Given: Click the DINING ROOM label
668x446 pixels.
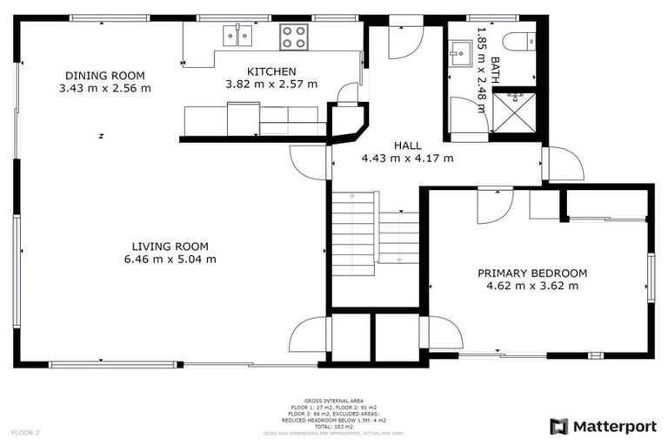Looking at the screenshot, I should click(x=104, y=76).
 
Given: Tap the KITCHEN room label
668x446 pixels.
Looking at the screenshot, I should click(x=271, y=71).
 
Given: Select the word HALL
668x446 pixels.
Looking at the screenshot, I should click(x=407, y=145).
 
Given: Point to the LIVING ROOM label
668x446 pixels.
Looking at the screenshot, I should click(x=170, y=247).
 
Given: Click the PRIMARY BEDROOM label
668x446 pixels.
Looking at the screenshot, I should click(x=531, y=273).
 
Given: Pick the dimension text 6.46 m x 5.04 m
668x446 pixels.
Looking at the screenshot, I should click(x=170, y=260).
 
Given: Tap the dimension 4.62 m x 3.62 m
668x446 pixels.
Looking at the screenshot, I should click(x=531, y=286).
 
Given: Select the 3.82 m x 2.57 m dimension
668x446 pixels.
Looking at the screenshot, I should click(x=271, y=84).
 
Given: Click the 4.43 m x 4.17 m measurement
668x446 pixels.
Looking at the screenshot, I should click(x=407, y=159).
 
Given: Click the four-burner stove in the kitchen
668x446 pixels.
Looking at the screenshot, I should click(x=293, y=37).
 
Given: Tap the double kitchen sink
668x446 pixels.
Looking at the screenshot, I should click(x=237, y=36).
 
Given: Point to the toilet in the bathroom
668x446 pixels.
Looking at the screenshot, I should click(x=520, y=39).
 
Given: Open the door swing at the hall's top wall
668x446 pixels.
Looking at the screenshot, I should click(x=404, y=40).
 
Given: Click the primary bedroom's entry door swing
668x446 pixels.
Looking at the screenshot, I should click(x=494, y=205).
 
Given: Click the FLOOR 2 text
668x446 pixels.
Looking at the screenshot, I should click(x=25, y=432).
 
